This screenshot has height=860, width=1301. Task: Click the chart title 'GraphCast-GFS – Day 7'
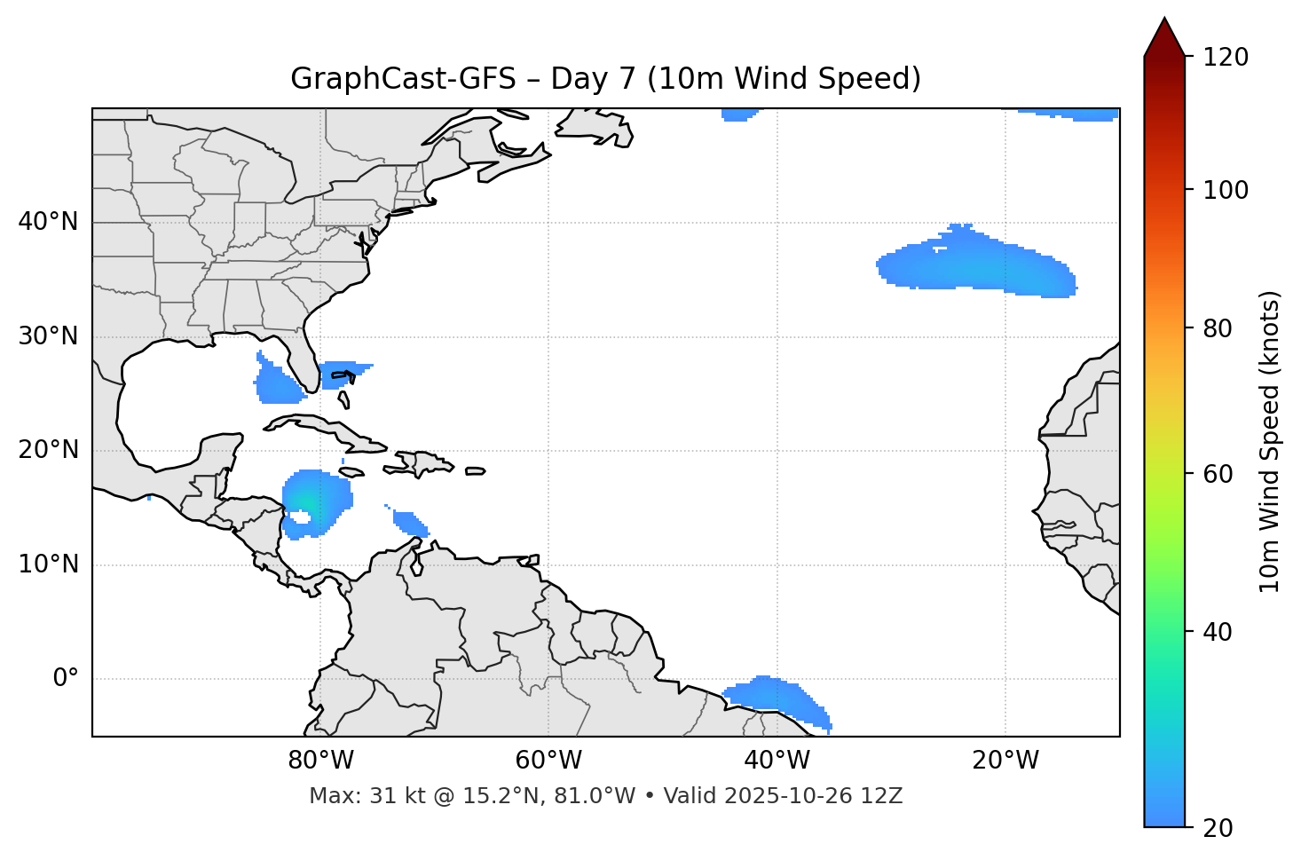click(605, 80)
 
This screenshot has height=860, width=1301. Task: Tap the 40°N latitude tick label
click(48, 222)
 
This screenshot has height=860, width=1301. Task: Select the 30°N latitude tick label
click(48, 336)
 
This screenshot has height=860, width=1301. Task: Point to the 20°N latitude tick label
click(48, 450)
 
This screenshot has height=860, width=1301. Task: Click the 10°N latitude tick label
click(48, 564)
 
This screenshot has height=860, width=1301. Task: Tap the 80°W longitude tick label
click(320, 761)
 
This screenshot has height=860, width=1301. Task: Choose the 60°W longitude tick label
click(548, 761)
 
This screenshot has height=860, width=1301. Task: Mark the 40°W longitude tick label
click(777, 761)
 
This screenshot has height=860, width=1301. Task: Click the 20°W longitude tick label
click(1005, 761)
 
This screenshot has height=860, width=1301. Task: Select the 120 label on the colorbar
click(1225, 58)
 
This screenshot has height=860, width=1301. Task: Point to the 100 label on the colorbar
click(1225, 190)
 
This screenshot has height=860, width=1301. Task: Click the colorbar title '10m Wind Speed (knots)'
click(1270, 441)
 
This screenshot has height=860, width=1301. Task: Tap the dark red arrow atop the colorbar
click(1163, 37)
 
